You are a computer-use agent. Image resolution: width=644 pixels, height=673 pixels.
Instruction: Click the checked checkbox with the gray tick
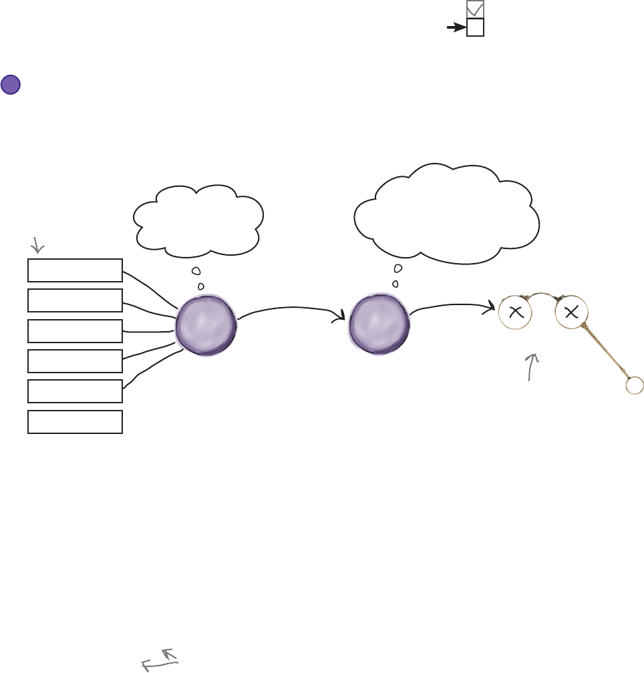tap(475, 9)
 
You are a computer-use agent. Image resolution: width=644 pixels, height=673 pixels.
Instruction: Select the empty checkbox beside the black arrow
tap(475, 27)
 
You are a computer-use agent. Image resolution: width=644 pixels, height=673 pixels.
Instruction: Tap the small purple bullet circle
tap(11, 85)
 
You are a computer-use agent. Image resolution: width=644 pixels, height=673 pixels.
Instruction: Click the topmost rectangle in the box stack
tap(75, 270)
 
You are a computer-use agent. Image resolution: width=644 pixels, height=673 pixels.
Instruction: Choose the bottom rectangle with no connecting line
tap(75, 422)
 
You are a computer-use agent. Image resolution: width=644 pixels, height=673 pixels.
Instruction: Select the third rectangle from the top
tap(75, 330)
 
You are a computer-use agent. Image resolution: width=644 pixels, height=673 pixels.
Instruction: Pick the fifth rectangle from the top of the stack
tap(75, 391)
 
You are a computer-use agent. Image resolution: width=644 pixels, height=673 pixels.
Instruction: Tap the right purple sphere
tap(379, 325)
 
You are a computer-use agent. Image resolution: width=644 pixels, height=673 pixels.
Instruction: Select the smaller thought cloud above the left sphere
tap(198, 218)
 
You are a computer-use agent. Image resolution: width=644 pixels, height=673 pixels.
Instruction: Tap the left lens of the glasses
tap(515, 312)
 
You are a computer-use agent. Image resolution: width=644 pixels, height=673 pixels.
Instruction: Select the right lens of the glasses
tap(571, 312)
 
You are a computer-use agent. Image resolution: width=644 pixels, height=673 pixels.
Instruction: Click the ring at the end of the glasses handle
tap(634, 385)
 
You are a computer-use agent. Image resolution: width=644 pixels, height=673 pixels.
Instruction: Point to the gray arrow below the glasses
tap(533, 367)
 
